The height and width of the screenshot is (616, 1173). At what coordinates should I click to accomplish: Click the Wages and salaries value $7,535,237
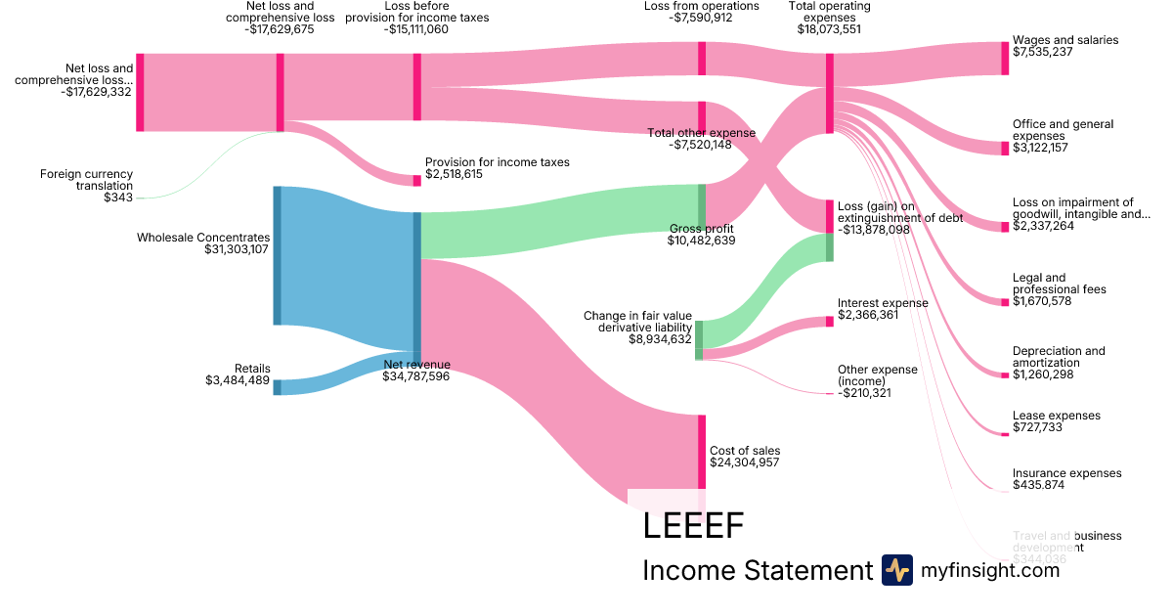[1043, 52]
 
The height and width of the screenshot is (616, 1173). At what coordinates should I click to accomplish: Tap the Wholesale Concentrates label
[203, 237]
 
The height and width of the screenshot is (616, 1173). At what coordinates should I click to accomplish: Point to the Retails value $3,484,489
[238, 380]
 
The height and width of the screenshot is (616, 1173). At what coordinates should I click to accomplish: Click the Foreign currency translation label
[86, 180]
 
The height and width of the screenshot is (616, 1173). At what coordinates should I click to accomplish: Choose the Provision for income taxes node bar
[417, 180]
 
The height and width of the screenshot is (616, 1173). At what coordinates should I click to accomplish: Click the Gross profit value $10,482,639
[702, 240]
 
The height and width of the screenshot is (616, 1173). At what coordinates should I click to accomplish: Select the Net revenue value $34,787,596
[416, 376]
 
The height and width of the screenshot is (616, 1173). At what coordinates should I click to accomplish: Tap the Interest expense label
[883, 303]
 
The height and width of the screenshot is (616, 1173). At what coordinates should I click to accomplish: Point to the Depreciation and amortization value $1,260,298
[1043, 374]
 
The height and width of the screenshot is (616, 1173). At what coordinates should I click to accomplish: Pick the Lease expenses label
[1057, 416]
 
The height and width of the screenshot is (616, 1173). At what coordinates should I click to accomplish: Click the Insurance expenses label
[1067, 473]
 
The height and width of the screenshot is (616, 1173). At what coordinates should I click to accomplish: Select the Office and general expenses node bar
[1005, 149]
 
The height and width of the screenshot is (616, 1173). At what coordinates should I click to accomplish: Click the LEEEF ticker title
[693, 526]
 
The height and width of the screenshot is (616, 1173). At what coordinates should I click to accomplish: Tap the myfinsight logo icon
[897, 570]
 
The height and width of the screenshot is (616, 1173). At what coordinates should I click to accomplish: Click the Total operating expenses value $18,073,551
[829, 29]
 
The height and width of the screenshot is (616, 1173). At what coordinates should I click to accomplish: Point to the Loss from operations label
[702, 6]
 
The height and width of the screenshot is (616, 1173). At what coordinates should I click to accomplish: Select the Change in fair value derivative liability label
[637, 322]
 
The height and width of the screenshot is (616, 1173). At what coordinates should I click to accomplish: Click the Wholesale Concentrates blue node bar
[277, 255]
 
